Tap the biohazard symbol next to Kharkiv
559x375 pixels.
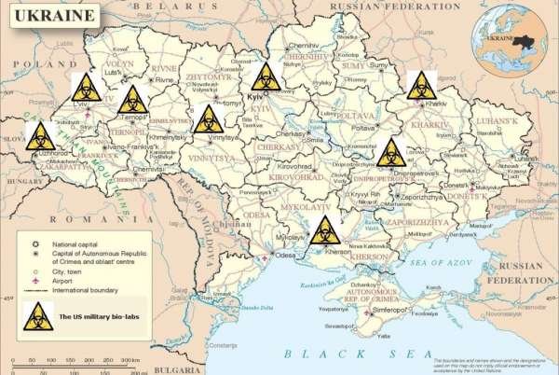(421, 84)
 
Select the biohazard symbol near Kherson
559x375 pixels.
(324, 228)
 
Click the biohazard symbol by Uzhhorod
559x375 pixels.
(38, 136)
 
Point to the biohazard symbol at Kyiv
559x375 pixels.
(266, 76)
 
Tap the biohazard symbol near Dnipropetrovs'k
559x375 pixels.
(391, 151)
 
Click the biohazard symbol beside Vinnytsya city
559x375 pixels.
(208, 118)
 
